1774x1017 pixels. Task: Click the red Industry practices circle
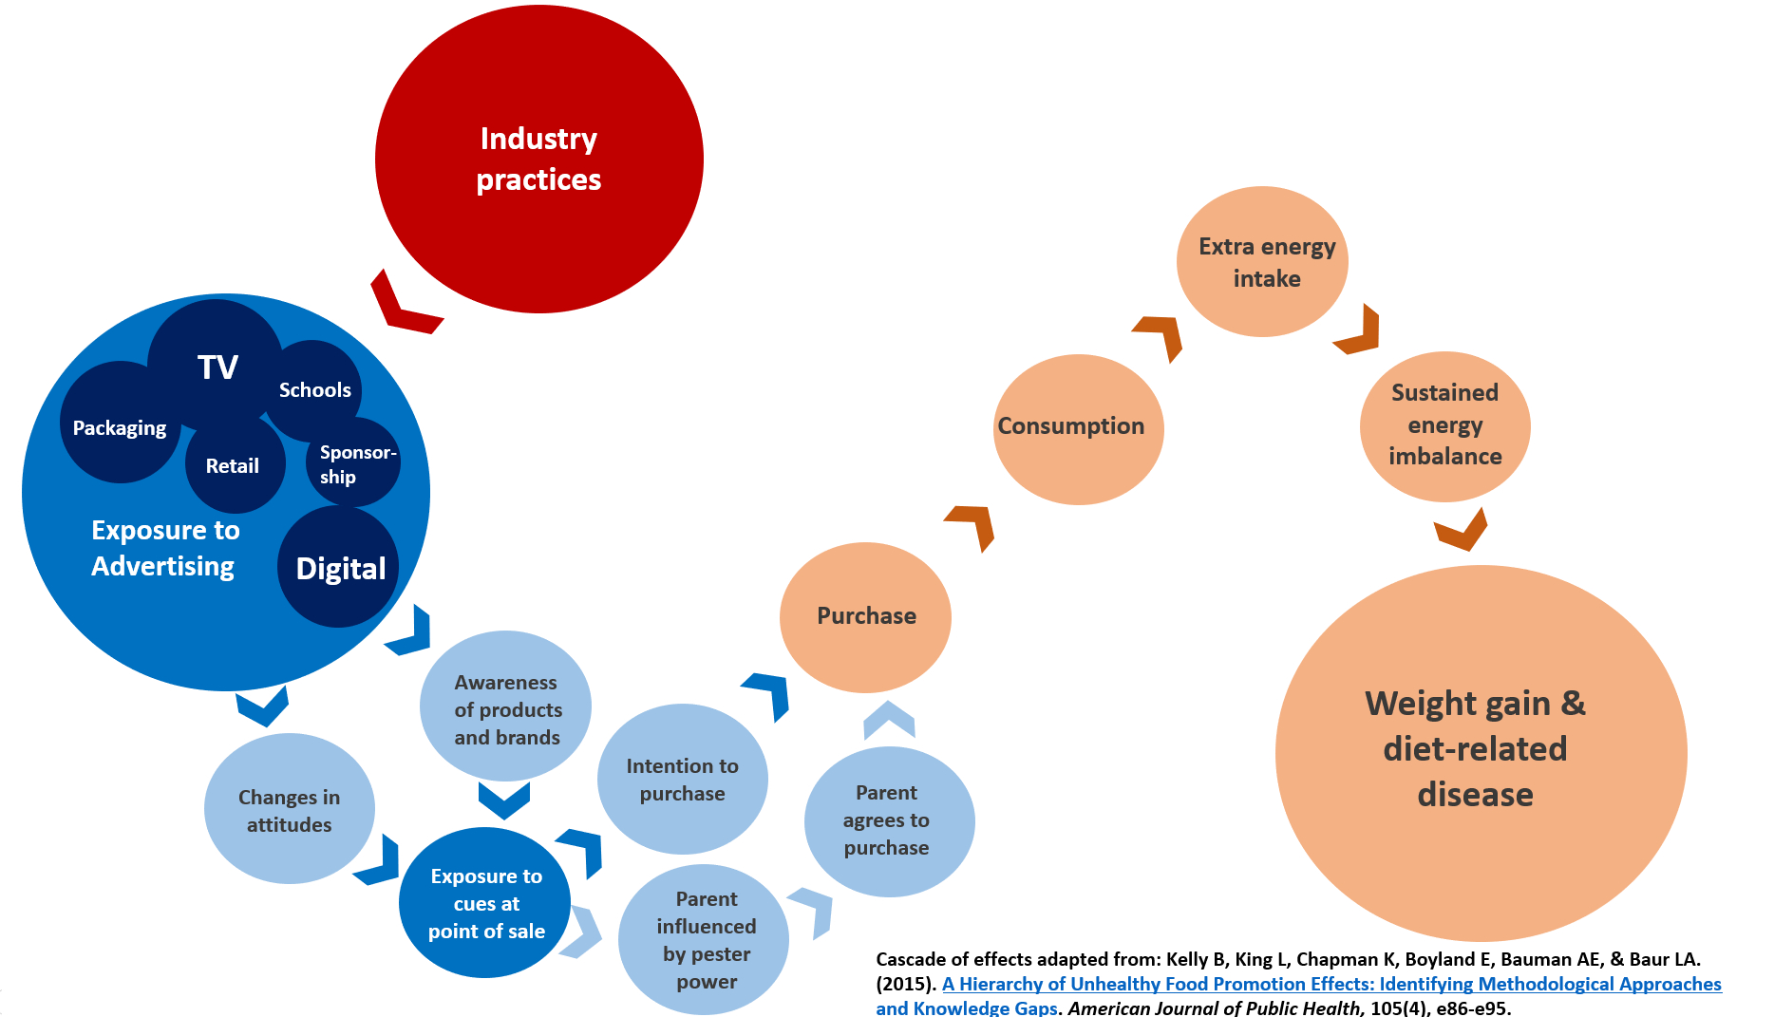pyautogui.click(x=538, y=160)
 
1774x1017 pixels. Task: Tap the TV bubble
pyautogui.click(x=217, y=366)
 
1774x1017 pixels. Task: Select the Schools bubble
pyautogui.click(x=315, y=390)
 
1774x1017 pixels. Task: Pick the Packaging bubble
pyautogui.click(x=119, y=428)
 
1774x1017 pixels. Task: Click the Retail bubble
pyautogui.click(x=233, y=466)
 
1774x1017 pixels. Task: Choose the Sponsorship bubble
pyautogui.click(x=354, y=464)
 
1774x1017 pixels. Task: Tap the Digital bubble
pyautogui.click(x=339, y=568)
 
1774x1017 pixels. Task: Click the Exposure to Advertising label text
pyautogui.click(x=164, y=548)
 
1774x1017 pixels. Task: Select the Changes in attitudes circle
pyautogui.click(x=289, y=810)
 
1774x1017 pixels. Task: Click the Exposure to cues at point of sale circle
pyautogui.click(x=485, y=903)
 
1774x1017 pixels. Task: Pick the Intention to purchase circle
pyautogui.click(x=682, y=780)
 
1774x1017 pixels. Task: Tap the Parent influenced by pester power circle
pyautogui.click(x=705, y=939)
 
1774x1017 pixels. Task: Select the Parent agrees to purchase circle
pyautogui.click(x=888, y=820)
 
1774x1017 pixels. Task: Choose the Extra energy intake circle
pyautogui.click(x=1263, y=262)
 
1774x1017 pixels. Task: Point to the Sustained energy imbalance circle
pyautogui.click(x=1444, y=425)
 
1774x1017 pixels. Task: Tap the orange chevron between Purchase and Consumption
pyautogui.click(x=973, y=525)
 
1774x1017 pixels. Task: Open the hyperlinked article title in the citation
pyautogui.click(x=1330, y=985)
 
